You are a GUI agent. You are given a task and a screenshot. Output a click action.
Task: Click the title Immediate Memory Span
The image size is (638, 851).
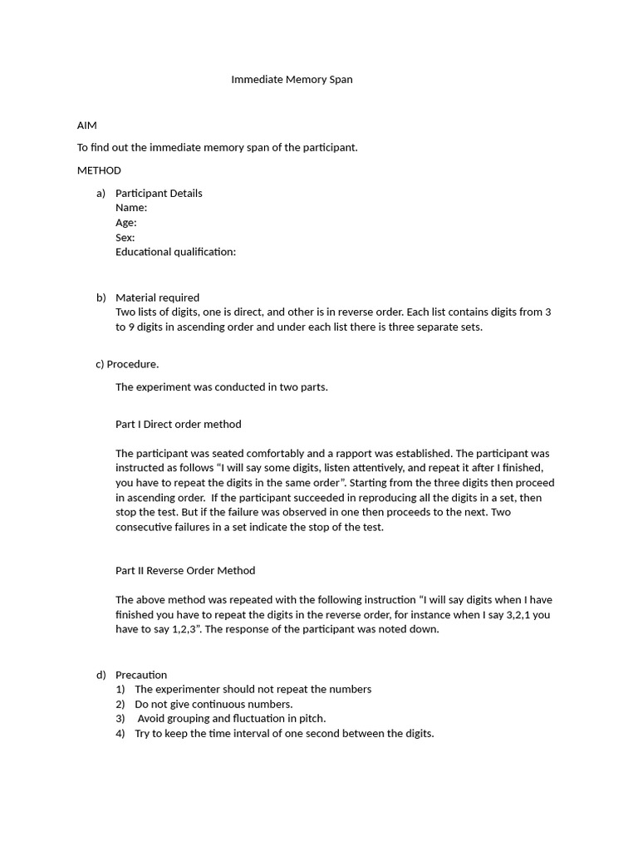[x=292, y=80]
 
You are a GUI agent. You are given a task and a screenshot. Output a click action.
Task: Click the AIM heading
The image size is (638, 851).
[x=87, y=125]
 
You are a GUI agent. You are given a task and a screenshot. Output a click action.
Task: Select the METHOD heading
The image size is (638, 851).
[x=99, y=170]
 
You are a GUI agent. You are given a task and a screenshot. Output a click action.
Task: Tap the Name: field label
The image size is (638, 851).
[x=131, y=208]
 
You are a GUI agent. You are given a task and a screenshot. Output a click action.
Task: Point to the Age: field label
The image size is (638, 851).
[x=126, y=223]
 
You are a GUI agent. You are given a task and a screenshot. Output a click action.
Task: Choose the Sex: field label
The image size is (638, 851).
[x=125, y=238]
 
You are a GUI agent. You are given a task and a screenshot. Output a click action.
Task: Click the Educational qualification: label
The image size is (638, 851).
[x=175, y=252]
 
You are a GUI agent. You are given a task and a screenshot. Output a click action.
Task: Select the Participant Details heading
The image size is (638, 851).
[x=159, y=193]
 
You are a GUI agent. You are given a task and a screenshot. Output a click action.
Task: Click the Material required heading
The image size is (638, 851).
[x=157, y=298]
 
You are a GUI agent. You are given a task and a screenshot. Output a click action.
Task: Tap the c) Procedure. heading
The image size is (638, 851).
[x=128, y=364]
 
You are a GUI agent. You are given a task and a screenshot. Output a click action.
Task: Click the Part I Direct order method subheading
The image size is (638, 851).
[x=179, y=424]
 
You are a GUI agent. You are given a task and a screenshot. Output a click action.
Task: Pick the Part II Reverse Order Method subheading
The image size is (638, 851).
[x=185, y=570]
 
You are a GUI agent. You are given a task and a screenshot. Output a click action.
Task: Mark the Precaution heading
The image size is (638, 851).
[x=141, y=675]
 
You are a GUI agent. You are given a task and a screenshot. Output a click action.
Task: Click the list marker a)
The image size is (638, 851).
[x=101, y=193]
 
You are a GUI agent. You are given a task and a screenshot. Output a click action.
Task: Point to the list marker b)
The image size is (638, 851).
[x=101, y=298]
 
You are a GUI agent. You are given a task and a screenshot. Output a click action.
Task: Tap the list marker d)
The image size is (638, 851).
[x=101, y=675]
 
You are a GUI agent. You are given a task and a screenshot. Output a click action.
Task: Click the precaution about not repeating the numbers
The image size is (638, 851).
[x=253, y=689]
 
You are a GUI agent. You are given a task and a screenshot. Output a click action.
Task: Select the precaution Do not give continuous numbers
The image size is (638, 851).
[x=213, y=704]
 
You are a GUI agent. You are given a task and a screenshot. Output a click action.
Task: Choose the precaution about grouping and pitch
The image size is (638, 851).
[x=232, y=718]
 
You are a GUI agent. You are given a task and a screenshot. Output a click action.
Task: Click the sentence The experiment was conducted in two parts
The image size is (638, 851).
[x=222, y=386]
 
